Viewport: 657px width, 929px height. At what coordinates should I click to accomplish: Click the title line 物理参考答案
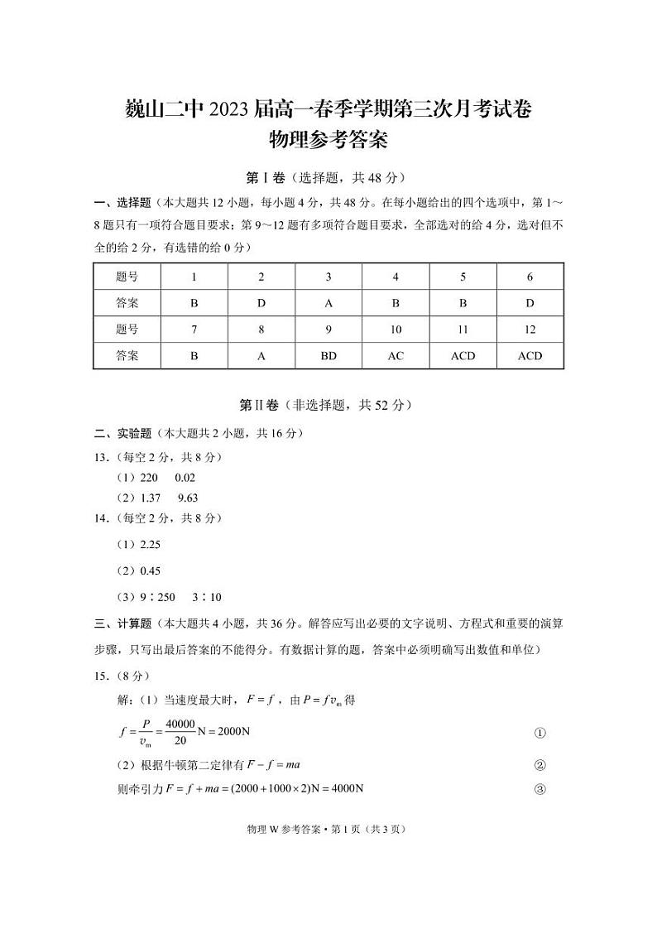tap(328, 140)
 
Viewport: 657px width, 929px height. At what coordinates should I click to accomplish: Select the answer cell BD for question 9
tap(328, 356)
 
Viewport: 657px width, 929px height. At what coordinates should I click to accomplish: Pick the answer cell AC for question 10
tap(396, 356)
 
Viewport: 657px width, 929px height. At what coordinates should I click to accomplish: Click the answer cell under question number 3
tap(328, 303)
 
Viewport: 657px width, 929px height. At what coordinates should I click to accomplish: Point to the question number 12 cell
tap(530, 330)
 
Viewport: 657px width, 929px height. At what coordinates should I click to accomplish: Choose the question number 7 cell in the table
tap(194, 330)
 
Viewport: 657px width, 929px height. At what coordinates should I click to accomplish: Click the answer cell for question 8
tap(261, 356)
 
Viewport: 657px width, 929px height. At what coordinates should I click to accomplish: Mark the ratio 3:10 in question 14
tap(206, 597)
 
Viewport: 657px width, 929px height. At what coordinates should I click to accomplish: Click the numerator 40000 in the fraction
tap(180, 724)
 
